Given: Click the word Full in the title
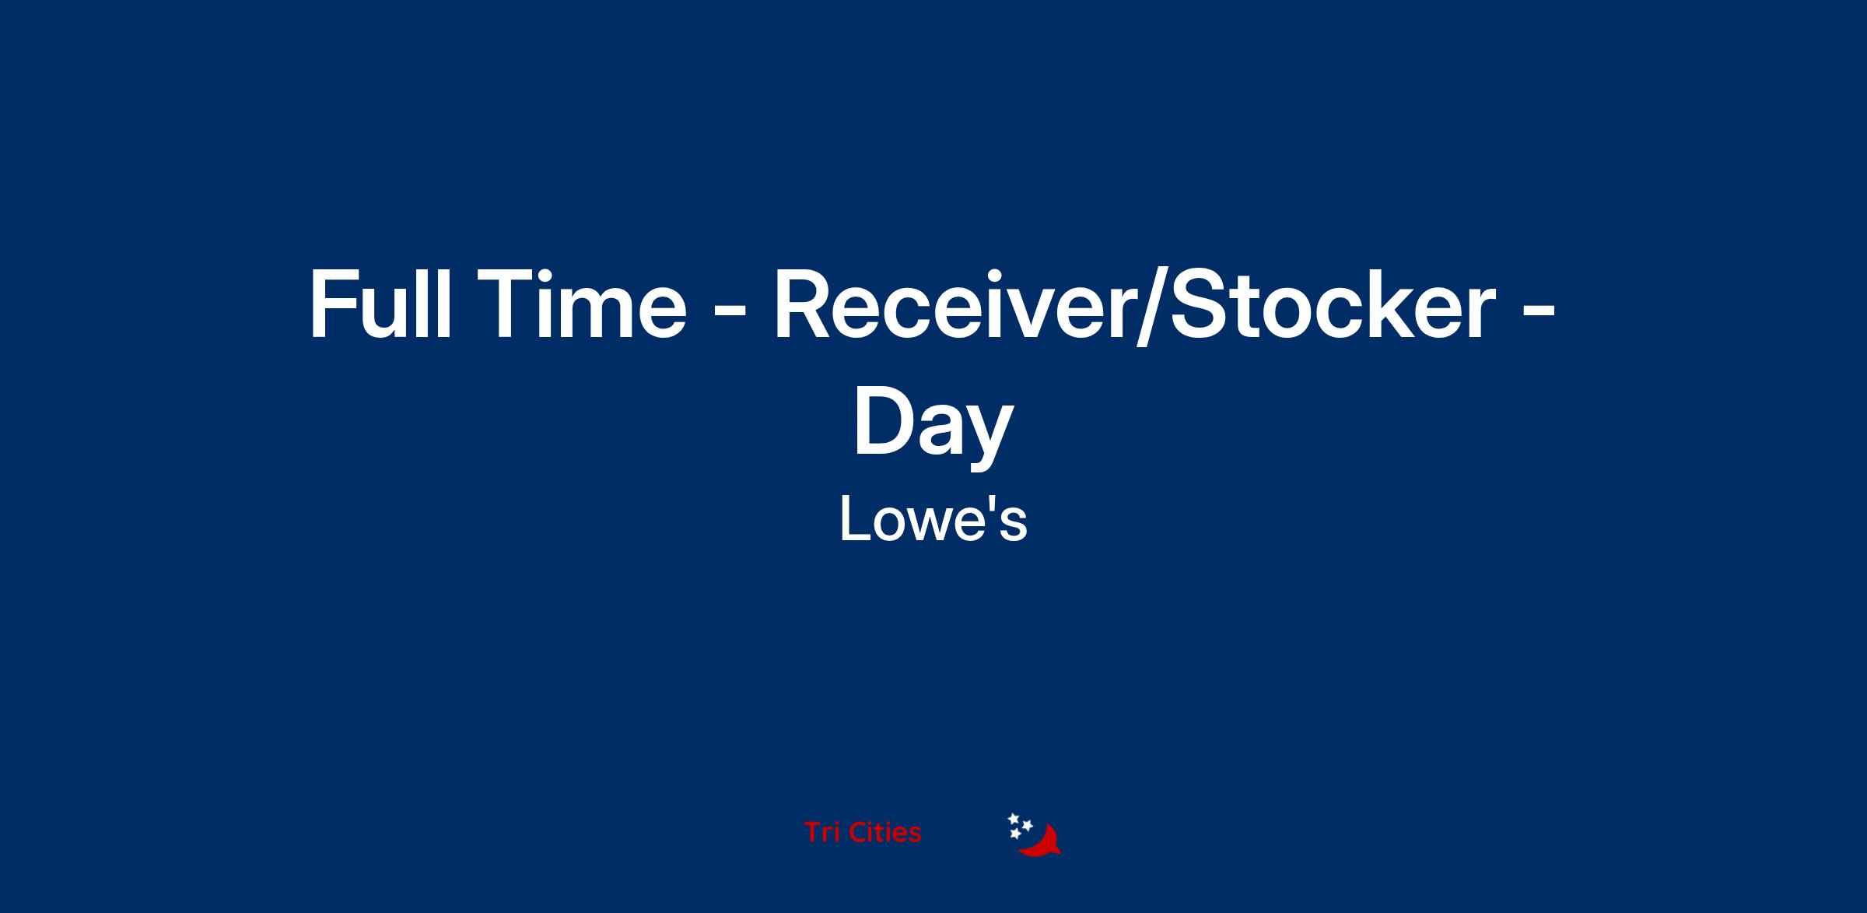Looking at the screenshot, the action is (x=380, y=304).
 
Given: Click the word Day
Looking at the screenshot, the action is (x=933, y=424).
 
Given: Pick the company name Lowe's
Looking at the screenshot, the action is (x=933, y=520).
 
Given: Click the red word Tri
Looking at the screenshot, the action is (x=821, y=832).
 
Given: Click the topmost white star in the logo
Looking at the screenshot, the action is (x=1014, y=819).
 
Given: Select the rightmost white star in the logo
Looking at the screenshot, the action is (x=1027, y=825).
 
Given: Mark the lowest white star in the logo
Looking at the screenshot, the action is (x=1015, y=834).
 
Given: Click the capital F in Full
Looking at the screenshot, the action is (x=332, y=304).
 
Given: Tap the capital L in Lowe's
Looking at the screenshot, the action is (x=854, y=520).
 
